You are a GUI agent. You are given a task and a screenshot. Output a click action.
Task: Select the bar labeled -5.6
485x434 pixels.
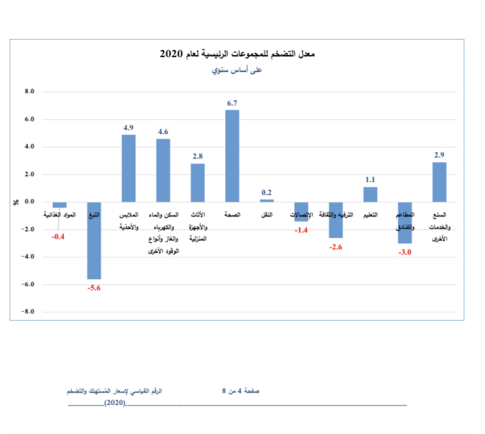click(94, 240)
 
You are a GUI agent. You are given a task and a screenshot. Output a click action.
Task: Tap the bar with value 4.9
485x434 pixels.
click(129, 168)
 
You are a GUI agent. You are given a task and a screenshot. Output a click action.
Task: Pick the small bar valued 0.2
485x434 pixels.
click(266, 200)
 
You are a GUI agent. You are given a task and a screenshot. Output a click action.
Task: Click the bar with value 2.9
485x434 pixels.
click(439, 181)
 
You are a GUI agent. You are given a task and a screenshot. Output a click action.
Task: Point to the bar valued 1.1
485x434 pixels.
click(370, 194)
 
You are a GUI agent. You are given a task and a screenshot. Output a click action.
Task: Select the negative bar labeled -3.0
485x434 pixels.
click(405, 222)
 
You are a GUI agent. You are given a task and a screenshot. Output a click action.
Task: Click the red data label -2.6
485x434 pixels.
click(336, 247)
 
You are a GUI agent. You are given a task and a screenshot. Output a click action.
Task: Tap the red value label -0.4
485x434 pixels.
click(59, 237)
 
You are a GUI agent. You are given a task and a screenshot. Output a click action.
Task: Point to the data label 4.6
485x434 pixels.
click(163, 131)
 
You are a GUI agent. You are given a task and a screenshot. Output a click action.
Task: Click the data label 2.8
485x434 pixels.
click(197, 156)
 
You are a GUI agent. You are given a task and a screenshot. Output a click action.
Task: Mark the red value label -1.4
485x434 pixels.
click(301, 231)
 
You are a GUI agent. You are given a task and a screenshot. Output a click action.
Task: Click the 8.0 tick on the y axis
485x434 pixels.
click(29, 92)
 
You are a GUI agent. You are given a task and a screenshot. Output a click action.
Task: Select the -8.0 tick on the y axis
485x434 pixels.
click(28, 312)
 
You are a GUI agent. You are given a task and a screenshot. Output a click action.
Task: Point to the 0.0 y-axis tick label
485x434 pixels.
click(29, 202)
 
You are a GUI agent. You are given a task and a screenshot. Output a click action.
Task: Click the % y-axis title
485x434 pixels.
click(16, 202)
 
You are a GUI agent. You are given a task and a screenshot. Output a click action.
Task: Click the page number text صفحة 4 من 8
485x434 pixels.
click(241, 391)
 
